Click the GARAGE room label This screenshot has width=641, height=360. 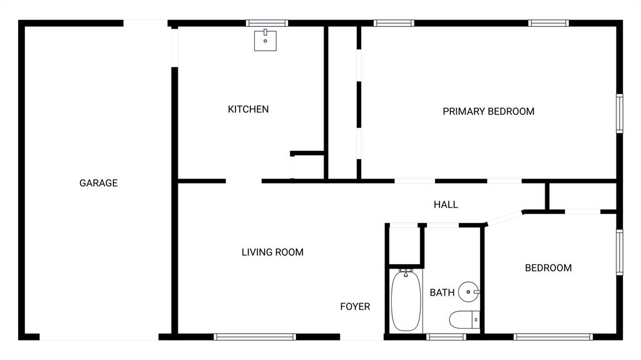tap(98, 183)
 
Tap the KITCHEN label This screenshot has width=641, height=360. tap(248, 109)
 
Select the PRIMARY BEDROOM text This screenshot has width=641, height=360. tap(488, 111)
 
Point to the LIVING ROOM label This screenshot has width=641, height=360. tap(273, 252)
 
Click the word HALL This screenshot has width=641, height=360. tap(446, 205)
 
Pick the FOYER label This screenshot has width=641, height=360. tap(355, 306)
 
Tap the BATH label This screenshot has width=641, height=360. tap(442, 292)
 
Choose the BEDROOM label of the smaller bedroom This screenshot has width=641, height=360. tap(548, 268)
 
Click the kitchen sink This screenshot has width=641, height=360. tap(265, 40)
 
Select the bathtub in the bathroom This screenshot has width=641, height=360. tap(406, 301)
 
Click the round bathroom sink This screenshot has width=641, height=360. tap(468, 292)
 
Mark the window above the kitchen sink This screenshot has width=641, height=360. tap(267, 23)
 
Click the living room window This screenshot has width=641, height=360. tap(255, 337)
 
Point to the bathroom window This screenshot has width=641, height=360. tap(446, 337)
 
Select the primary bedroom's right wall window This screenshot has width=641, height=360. tap(620, 113)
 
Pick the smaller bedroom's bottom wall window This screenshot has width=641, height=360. tap(553, 337)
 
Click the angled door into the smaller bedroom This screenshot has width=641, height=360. tap(504, 218)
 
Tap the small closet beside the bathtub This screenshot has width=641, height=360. tap(405, 245)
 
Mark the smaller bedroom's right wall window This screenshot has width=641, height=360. tap(620, 252)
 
